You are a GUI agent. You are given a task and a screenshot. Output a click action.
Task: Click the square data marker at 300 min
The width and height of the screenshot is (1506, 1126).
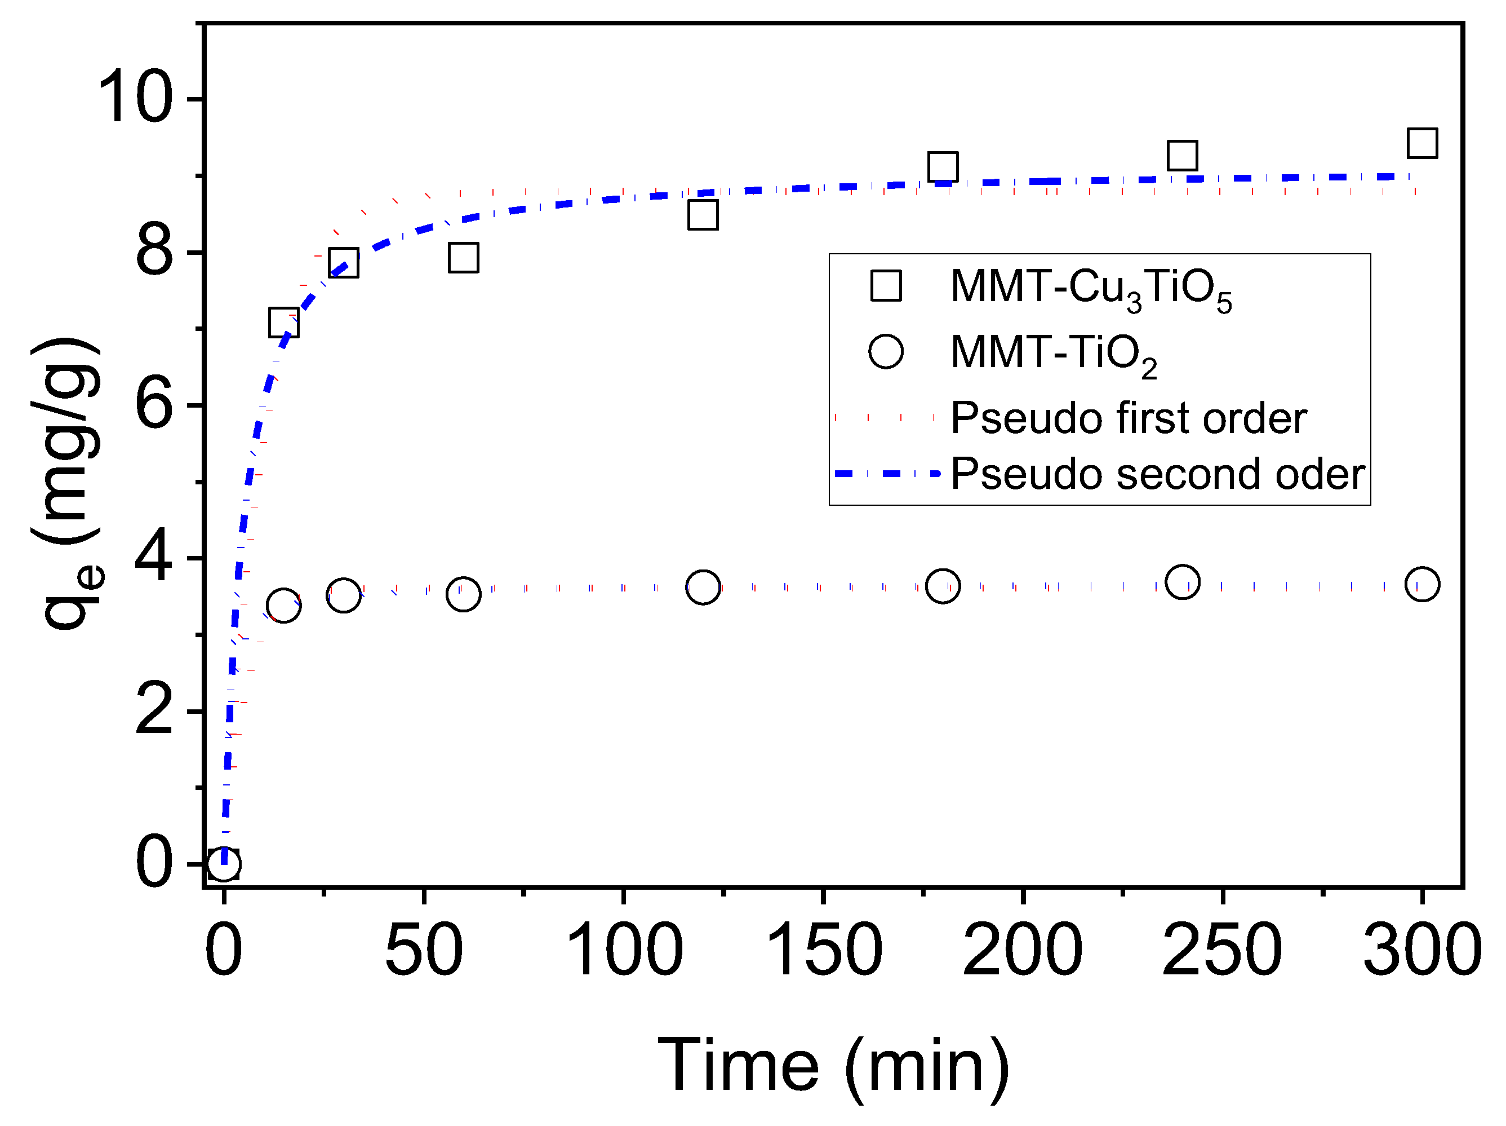1422,143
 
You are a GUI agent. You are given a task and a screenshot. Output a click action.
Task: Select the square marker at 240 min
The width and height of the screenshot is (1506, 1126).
1183,155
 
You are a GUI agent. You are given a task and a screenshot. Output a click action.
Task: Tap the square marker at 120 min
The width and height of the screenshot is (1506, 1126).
703,215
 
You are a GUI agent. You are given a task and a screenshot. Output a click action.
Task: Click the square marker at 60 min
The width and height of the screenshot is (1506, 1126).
464,258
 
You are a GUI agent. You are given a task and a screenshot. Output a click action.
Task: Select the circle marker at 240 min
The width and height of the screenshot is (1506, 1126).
1183,582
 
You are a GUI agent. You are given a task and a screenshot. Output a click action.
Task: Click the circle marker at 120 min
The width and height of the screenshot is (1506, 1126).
703,586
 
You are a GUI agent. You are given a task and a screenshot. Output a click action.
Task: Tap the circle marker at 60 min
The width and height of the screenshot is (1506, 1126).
464,594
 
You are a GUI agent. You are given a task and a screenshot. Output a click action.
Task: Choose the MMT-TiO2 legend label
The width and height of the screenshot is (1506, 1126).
1053,354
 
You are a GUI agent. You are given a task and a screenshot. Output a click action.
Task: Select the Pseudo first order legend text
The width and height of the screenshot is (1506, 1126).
1128,418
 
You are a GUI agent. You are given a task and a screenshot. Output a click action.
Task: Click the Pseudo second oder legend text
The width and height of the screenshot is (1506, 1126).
1157,474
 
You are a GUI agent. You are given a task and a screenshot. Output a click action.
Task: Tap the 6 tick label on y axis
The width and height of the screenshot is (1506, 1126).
154,405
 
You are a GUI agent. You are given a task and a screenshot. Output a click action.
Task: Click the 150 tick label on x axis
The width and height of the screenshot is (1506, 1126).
823,950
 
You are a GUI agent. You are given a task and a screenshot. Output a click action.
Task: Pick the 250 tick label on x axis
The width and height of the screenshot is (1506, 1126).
1222,950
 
